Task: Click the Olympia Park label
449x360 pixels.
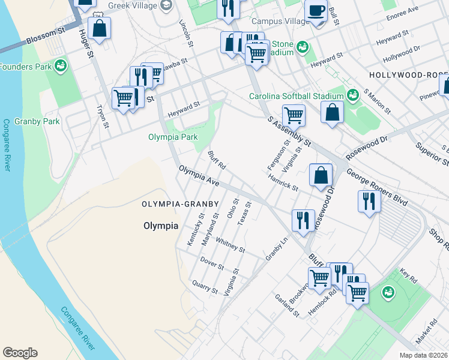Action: (x=173, y=137)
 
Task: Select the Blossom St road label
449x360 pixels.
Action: (x=45, y=41)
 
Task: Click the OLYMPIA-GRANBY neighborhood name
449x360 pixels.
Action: (x=176, y=204)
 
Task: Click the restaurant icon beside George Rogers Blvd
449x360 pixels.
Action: (x=368, y=201)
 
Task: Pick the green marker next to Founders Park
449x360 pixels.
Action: (x=60, y=65)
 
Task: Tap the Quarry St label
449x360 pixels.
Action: (x=205, y=287)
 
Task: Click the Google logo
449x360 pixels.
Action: (x=20, y=353)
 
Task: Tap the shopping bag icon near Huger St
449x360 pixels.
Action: (x=99, y=28)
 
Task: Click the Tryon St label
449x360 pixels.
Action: (x=103, y=117)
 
